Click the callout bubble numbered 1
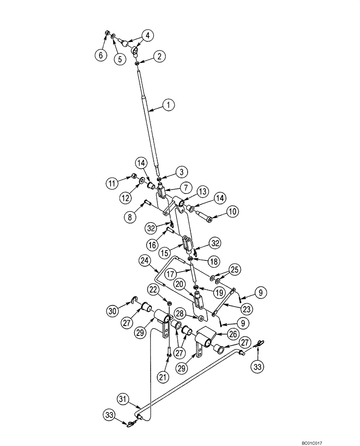(168, 106)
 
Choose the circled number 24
(144, 260)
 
